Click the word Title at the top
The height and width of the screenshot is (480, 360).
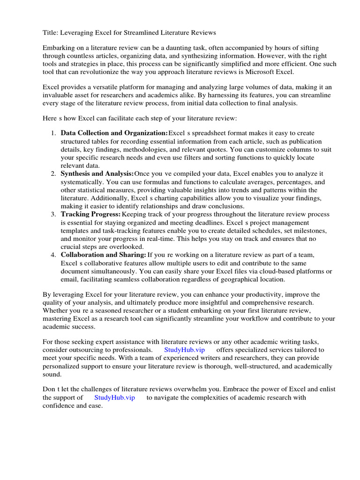tap(51, 32)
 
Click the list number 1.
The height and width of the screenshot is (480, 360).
tap(53, 134)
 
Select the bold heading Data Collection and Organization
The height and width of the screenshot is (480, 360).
tap(114, 134)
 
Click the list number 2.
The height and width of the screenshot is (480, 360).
tap(53, 174)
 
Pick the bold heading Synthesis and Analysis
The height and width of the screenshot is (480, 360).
tap(97, 174)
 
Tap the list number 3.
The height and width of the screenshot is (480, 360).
tap(53, 214)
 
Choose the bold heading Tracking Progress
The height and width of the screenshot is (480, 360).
tap(90, 214)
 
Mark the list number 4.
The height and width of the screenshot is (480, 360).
tap(53, 255)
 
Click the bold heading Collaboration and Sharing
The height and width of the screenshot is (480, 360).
tap(103, 255)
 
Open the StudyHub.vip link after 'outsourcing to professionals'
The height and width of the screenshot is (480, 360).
tap(185, 350)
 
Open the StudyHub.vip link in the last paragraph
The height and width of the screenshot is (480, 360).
tap(114, 397)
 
